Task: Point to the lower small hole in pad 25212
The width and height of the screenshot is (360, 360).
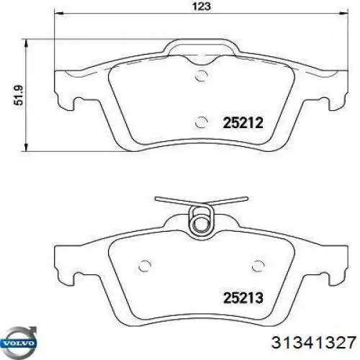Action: (202, 122)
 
